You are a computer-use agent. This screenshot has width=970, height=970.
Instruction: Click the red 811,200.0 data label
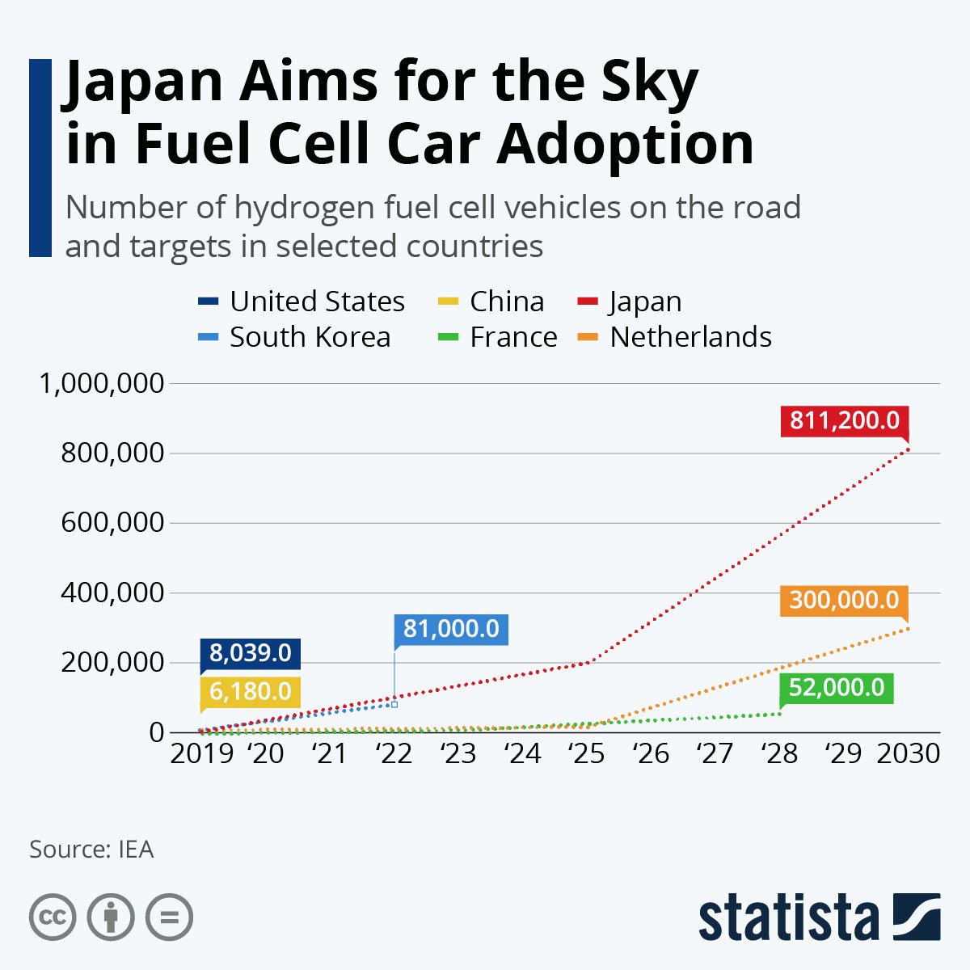844,421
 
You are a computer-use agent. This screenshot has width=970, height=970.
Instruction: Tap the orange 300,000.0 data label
844,601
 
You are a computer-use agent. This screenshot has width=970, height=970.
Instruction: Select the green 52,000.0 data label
836,688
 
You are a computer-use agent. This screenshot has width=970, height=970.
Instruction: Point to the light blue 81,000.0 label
451,629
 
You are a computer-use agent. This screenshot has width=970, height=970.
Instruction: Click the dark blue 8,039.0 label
251,652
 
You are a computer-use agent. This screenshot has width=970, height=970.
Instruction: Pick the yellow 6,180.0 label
251,691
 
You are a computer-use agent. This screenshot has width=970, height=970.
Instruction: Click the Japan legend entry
644,302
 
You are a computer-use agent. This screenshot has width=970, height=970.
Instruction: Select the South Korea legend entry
309,337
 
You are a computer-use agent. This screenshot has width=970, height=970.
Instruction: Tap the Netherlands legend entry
690,337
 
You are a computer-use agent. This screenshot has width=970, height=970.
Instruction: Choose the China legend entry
506,302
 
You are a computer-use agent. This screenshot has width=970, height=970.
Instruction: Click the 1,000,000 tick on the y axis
102,383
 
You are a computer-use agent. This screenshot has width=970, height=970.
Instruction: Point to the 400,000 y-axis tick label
112,593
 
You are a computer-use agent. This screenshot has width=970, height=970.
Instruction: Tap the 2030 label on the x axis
908,754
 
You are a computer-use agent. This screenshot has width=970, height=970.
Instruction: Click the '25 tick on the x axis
586,754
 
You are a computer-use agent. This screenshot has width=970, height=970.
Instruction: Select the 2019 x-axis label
201,754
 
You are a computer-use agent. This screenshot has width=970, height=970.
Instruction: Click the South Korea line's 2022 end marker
394,705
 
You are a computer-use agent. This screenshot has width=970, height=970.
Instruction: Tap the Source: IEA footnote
91,850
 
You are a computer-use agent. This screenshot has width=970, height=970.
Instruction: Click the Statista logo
819,917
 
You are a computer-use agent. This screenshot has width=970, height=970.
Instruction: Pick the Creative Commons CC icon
53,917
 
